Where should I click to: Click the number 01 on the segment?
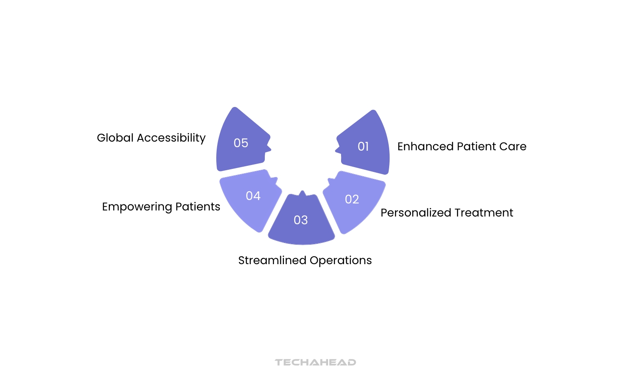pyautogui.click(x=363, y=147)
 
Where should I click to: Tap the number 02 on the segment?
pyautogui.click(x=352, y=199)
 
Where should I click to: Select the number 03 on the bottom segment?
pyautogui.click(x=301, y=220)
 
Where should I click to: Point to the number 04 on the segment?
pyautogui.click(x=253, y=196)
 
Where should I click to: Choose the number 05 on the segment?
pyautogui.click(x=241, y=143)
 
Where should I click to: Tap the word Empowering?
pyautogui.click(x=137, y=207)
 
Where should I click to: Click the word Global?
pyautogui.click(x=115, y=138)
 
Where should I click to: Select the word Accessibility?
pyautogui.click(x=171, y=138)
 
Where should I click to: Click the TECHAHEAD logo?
pyautogui.click(x=315, y=362)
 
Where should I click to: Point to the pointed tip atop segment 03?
pyautogui.click(x=302, y=192)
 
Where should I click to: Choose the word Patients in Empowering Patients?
pyautogui.click(x=198, y=207)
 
